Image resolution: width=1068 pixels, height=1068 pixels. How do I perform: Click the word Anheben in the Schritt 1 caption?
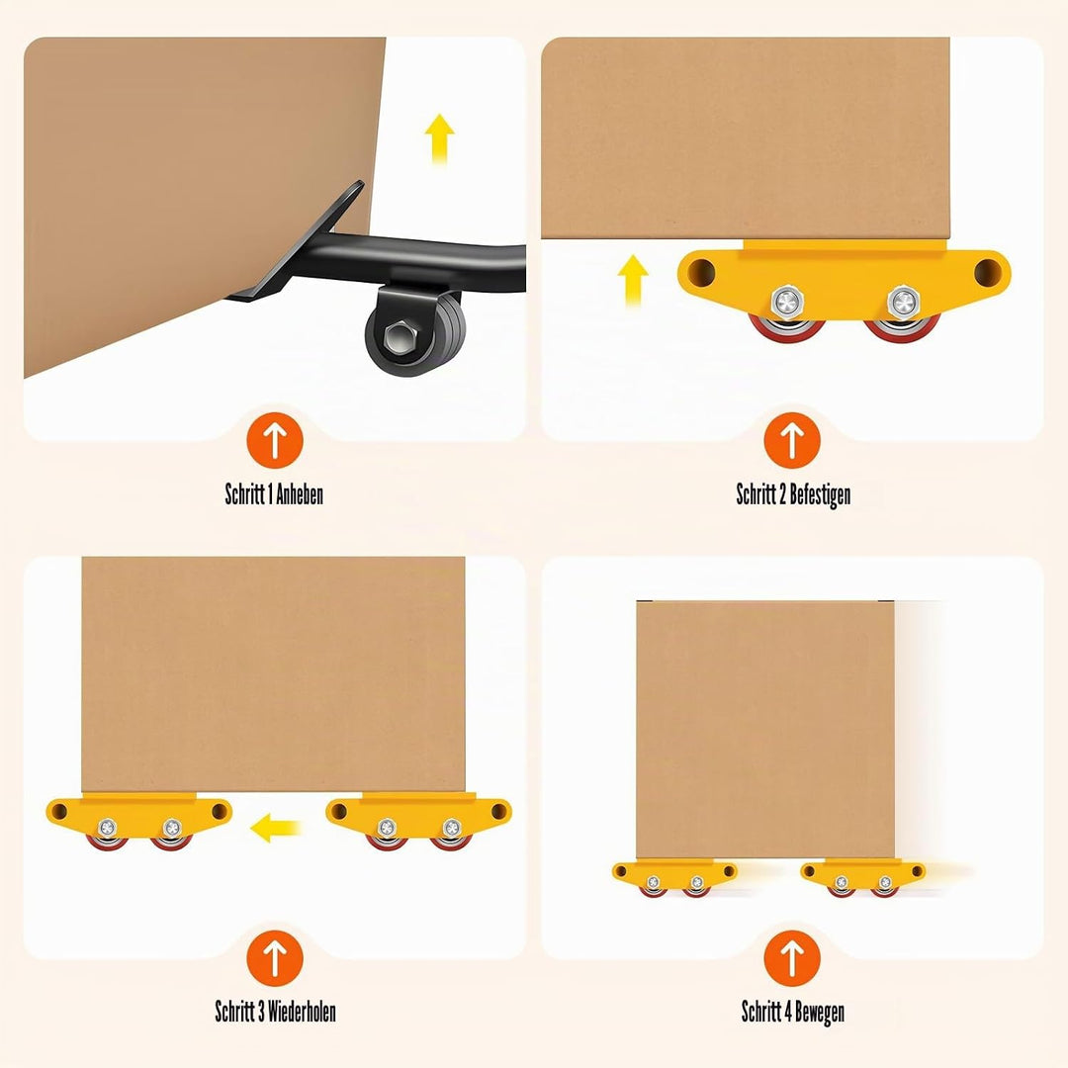pyautogui.click(x=299, y=493)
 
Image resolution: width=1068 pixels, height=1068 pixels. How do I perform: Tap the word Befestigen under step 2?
pyautogui.click(x=820, y=494)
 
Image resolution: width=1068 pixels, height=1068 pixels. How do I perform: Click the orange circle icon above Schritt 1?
pyautogui.click(x=275, y=440)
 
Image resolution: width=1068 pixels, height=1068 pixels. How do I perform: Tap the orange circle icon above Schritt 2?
pyautogui.click(x=792, y=440)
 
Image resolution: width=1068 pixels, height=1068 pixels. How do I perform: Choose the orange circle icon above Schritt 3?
pyautogui.click(x=275, y=958)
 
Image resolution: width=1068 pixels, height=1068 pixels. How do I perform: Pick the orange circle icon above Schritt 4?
pyautogui.click(x=792, y=958)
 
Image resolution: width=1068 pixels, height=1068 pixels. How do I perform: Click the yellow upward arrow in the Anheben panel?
pyautogui.click(x=439, y=138)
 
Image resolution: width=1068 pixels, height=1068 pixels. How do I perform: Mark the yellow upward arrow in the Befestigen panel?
pyautogui.click(x=633, y=281)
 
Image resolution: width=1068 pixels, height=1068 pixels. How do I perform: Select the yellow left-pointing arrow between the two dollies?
pyautogui.click(x=275, y=828)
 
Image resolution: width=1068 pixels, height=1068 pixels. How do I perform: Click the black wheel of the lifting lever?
pyautogui.click(x=415, y=334)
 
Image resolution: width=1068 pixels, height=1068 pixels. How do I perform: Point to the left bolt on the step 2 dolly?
pyautogui.click(x=788, y=302)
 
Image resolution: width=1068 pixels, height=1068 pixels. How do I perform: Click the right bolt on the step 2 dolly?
pyautogui.click(x=903, y=302)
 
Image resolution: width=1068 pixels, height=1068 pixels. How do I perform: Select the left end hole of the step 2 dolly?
pyautogui.click(x=701, y=273)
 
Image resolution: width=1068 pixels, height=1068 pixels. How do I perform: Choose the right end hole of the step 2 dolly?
pyautogui.click(x=987, y=273)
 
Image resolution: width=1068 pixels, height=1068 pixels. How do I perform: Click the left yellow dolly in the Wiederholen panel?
pyautogui.click(x=139, y=821)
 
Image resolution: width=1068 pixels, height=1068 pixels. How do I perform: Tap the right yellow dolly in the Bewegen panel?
pyautogui.click(x=863, y=877)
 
